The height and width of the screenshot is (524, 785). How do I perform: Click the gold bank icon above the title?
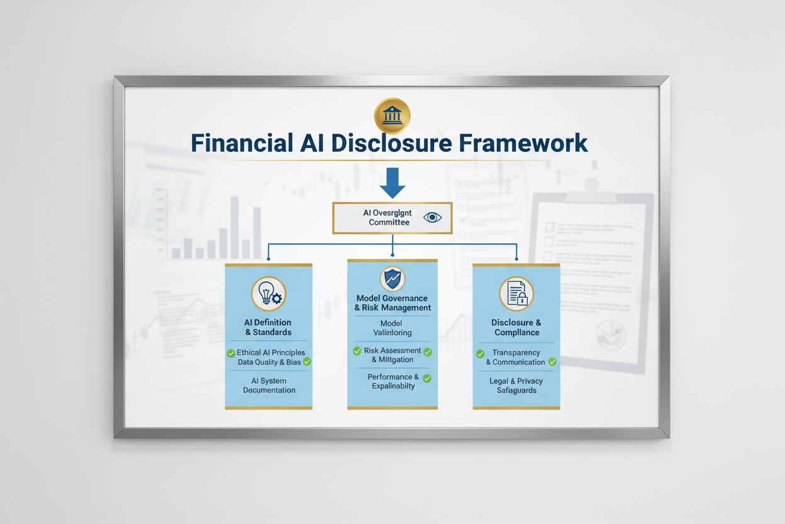392,115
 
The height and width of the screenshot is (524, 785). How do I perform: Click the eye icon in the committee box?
433,218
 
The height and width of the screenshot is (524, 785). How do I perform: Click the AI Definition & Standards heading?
268,327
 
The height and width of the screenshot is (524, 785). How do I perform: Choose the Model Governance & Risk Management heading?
392,303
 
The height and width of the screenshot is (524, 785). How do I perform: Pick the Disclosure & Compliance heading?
516,327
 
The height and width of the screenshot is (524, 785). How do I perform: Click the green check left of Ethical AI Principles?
231,353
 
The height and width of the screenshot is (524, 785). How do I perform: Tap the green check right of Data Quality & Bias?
307,362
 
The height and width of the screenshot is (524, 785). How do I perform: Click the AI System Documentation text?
269,385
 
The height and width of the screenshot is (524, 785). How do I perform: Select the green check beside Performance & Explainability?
427,379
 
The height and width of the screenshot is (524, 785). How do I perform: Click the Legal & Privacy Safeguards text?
516,385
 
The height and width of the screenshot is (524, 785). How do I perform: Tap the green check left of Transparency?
481,354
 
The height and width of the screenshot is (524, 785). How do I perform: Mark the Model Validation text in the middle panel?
392,327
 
